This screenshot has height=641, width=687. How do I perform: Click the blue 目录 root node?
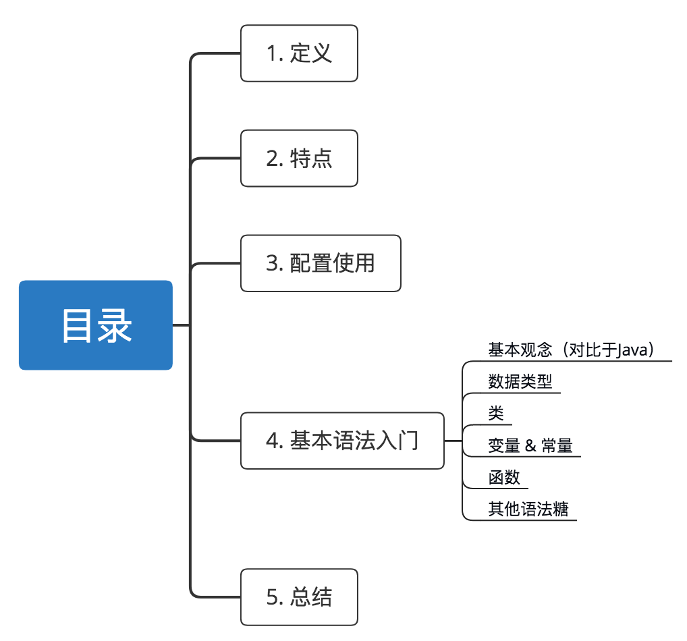click(96, 325)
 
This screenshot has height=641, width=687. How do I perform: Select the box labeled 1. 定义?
click(299, 53)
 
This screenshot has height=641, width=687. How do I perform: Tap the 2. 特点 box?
click(299, 159)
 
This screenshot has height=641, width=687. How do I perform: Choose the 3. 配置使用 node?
click(321, 263)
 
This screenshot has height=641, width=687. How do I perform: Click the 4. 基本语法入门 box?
click(342, 441)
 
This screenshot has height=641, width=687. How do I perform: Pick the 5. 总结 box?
click(299, 597)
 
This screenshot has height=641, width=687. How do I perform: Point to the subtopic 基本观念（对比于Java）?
click(571, 350)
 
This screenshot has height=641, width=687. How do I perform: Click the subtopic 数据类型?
click(520, 382)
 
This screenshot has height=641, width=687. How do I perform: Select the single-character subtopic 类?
click(495, 414)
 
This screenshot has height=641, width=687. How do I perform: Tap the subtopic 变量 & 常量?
click(530, 445)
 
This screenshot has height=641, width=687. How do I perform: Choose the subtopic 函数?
click(504, 477)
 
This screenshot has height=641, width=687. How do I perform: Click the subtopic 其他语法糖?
click(528, 509)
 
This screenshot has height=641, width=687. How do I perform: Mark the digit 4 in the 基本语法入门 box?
click(273, 441)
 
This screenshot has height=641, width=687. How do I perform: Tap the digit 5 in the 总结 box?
click(273, 598)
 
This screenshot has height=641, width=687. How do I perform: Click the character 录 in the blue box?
click(115, 326)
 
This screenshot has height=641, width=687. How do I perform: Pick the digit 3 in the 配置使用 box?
click(273, 264)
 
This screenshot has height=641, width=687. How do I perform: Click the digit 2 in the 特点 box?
click(273, 159)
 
